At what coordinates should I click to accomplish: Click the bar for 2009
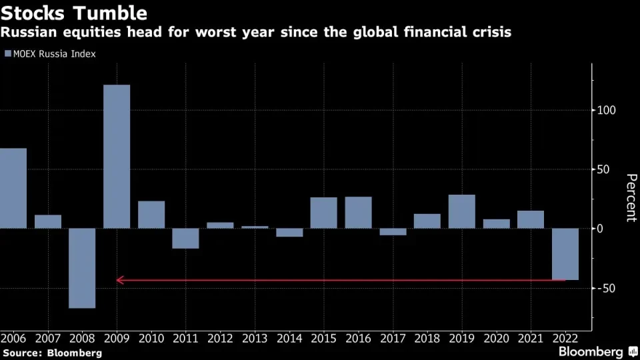coord(117,157)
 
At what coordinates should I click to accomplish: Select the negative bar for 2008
coord(82,268)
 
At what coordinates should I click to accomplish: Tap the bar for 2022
coord(565,254)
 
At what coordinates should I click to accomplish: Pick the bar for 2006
coord(13,188)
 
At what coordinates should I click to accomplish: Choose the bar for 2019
coord(461,211)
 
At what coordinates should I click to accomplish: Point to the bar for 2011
coord(185,239)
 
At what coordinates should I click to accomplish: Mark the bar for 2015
coord(323,213)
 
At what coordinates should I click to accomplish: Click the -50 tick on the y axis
coord(608,288)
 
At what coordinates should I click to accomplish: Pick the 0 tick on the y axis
coord(601,229)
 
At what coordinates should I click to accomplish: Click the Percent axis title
coord(630,197)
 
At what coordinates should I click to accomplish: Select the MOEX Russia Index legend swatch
coord(7,54)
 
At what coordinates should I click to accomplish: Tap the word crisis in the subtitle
coord(489,31)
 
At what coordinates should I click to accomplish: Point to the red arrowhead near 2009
coord(119,280)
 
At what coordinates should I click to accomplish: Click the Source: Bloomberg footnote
coord(52,353)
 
